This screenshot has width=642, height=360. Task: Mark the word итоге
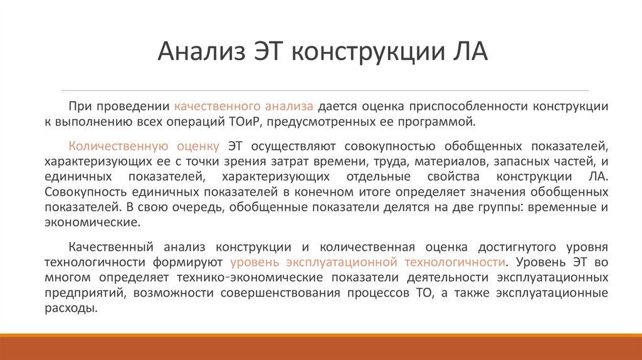[x=360, y=191]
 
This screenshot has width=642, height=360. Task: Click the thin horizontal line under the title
[x=321, y=90]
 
